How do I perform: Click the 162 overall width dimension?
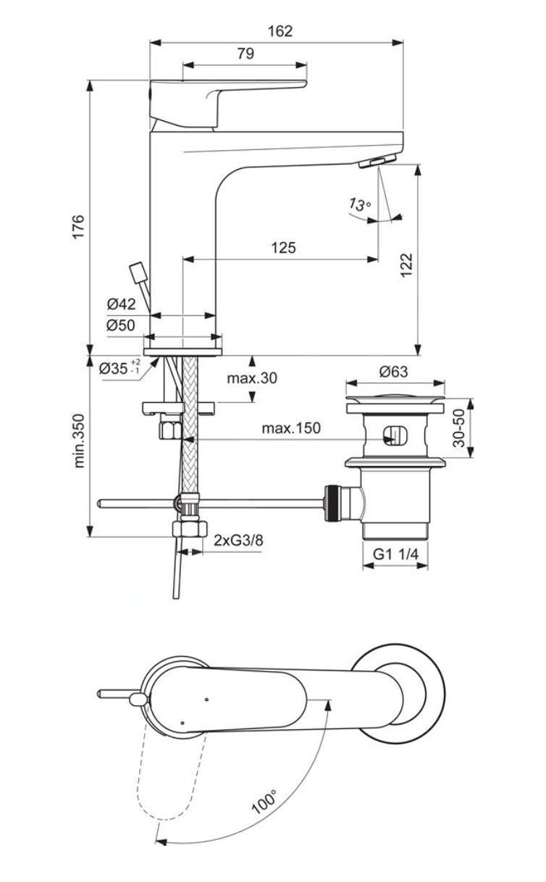(280, 31)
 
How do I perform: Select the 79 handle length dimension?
(246, 54)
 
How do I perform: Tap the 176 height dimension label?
(78, 226)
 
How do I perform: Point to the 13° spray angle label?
(360, 204)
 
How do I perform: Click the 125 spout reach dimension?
(283, 248)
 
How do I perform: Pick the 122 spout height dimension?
(407, 265)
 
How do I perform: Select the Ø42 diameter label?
(121, 304)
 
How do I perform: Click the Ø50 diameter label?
(121, 325)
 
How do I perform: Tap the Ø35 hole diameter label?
(119, 368)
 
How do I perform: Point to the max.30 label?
(252, 378)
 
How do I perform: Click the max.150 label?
(291, 428)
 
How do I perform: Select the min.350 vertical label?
(79, 441)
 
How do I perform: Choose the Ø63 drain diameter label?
(393, 372)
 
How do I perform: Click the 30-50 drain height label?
(458, 428)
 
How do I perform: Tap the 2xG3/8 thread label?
(238, 540)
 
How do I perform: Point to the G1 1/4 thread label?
(395, 554)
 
